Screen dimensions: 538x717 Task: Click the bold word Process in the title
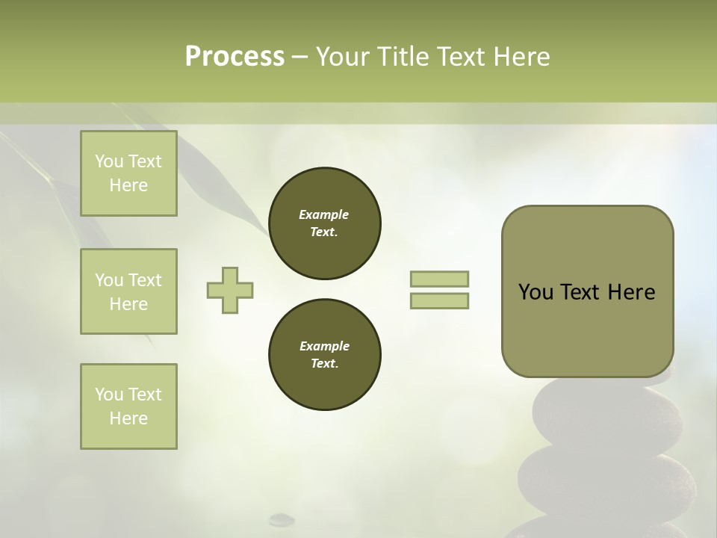tap(235, 57)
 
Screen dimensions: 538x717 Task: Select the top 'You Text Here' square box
tap(128, 173)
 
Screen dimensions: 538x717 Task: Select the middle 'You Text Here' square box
tap(128, 291)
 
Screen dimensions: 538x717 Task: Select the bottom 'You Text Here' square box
tap(128, 406)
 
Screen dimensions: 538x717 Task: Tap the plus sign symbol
tap(230, 290)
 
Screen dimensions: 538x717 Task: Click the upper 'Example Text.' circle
tap(324, 223)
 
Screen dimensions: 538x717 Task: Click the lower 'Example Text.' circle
tap(324, 355)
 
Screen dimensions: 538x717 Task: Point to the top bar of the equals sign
tap(440, 279)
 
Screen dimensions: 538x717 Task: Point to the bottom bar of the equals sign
tap(440, 301)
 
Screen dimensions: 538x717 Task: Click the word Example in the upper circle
tap(324, 215)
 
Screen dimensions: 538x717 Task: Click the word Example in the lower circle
tap(324, 347)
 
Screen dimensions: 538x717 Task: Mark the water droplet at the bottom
tap(282, 518)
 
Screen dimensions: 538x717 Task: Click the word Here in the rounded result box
tap(631, 292)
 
